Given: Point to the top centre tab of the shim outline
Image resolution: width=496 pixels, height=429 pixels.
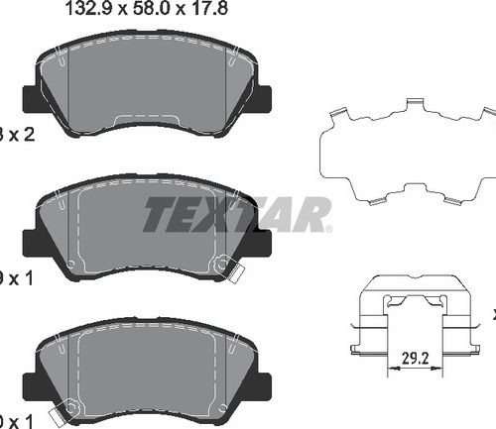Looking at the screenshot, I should pyautogui.click(x=415, y=104).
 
